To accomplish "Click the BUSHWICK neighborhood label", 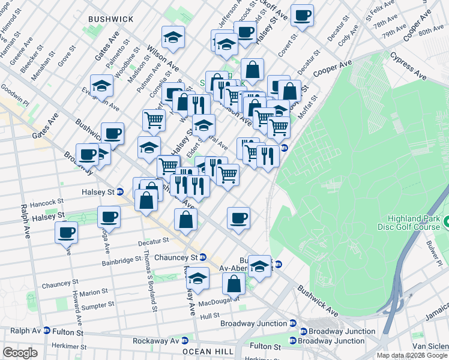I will click(x=110, y=19).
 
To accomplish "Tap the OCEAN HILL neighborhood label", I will click(x=205, y=351).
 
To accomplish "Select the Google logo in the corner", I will click(x=20, y=352).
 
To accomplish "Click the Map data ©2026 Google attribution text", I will click(x=412, y=356).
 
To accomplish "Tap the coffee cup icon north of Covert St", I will click(x=302, y=15).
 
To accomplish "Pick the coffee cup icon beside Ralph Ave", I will click(x=66, y=232).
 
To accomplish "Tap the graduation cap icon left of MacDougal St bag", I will click(x=197, y=278).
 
